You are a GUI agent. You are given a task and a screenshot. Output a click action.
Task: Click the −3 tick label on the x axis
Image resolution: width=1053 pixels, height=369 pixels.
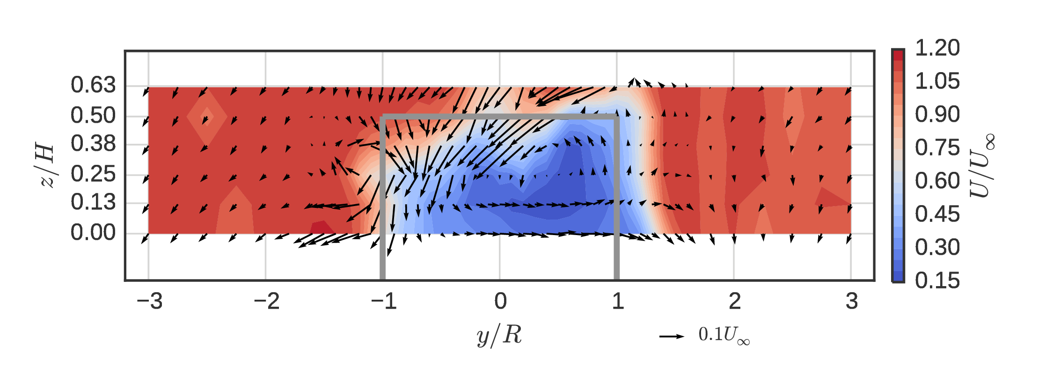[x=150, y=301]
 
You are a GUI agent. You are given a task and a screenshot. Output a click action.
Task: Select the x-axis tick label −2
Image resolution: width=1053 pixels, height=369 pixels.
[x=267, y=301]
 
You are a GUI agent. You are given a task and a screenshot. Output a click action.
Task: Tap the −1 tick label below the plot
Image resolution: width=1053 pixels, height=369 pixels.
[x=384, y=301]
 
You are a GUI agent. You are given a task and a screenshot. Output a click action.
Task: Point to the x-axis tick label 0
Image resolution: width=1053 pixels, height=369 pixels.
[x=500, y=301]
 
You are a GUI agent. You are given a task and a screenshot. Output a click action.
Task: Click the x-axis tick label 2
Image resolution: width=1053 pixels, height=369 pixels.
[x=734, y=301]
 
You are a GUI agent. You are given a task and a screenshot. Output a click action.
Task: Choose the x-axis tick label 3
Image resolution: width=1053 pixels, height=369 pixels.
[x=851, y=301]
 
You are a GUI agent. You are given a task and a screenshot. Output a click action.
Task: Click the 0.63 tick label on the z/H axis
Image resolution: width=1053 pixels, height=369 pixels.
[x=93, y=85]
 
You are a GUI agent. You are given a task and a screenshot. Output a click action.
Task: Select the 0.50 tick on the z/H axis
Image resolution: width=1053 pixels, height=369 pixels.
[x=93, y=116]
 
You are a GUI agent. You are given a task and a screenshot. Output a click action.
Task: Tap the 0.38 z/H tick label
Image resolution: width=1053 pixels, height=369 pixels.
[x=93, y=144]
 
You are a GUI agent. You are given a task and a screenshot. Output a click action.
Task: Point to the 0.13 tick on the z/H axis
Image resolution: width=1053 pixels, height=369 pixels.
[x=93, y=202]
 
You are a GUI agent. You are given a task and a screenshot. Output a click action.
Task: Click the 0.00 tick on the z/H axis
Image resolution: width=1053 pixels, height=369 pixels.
[x=93, y=233]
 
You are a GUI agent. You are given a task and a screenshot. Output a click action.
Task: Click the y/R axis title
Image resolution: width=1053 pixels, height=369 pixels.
[x=499, y=335]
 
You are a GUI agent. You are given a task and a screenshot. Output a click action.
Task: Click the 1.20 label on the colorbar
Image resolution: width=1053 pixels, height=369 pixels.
[x=937, y=48]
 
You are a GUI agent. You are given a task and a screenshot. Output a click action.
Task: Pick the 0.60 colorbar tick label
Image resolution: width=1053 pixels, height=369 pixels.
[x=937, y=181]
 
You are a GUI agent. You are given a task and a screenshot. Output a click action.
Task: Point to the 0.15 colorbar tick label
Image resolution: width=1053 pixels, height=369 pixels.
[x=937, y=280]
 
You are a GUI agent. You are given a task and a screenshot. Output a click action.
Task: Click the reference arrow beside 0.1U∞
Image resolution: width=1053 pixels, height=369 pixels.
[x=672, y=336]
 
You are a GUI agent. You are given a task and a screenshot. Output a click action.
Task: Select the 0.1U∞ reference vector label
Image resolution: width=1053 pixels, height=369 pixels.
[x=724, y=335]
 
